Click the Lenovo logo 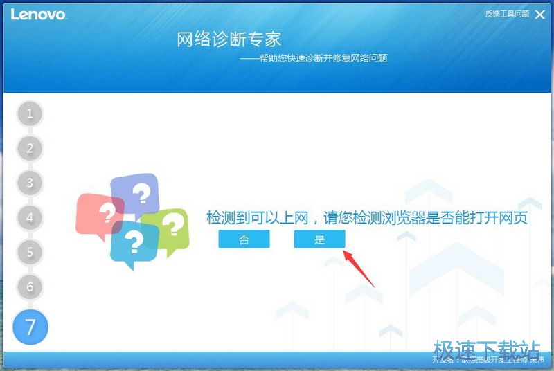(38, 14)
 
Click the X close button (539, 14)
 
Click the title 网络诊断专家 (229, 39)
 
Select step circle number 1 (30, 114)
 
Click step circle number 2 (30, 148)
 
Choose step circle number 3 (30, 183)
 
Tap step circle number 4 (30, 217)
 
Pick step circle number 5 (30, 252)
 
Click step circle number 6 (30, 287)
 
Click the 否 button (244, 239)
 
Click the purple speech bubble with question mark (136, 192)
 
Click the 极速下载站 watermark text (486, 347)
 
